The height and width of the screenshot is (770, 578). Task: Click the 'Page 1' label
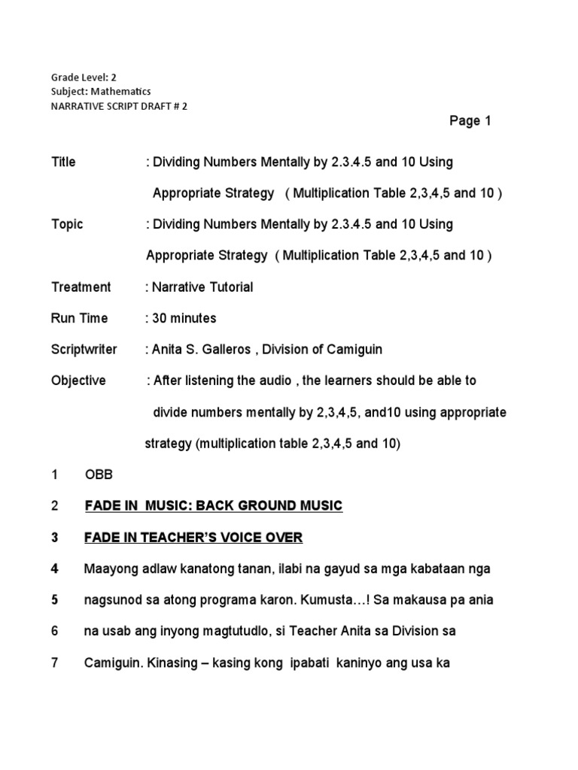[470, 121]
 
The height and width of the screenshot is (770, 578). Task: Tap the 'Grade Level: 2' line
[84, 77]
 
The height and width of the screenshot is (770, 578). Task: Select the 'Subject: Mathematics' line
[101, 91]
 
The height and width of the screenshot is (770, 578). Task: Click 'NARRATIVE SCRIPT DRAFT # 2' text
[119, 106]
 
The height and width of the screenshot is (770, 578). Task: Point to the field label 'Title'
[63, 162]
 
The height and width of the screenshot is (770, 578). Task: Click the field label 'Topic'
[67, 224]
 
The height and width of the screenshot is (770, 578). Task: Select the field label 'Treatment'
[81, 286]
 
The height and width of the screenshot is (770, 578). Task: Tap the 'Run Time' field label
[79, 318]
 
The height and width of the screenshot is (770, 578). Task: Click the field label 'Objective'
[78, 380]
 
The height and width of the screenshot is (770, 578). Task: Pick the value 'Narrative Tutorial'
[202, 286]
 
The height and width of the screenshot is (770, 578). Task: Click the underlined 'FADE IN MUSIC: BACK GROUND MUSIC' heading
[214, 506]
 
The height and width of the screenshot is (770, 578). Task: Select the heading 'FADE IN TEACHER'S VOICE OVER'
[193, 538]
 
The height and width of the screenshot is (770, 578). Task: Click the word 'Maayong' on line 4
[108, 568]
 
